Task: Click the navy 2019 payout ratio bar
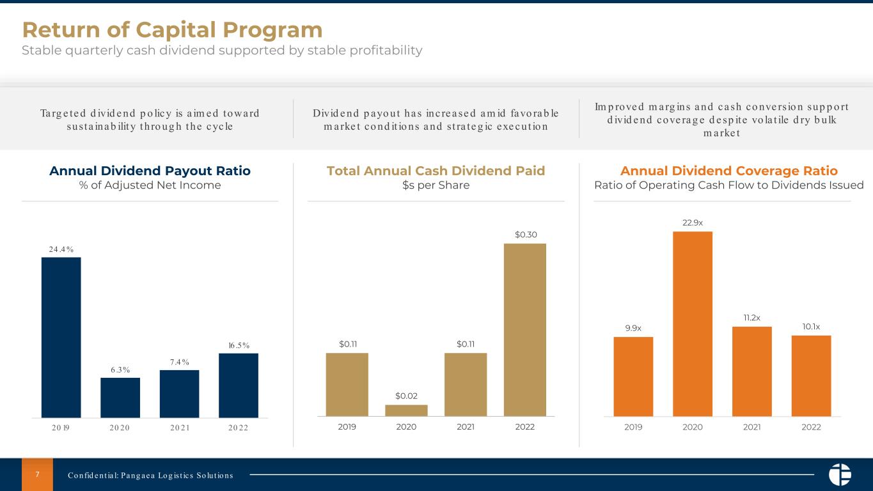[x=61, y=337]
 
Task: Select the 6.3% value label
[x=120, y=370]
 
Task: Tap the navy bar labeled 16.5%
[x=239, y=386]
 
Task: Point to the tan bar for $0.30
[x=524, y=329]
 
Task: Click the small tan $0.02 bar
[x=406, y=410]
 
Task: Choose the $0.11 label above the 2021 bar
[x=466, y=345]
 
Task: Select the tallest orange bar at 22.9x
[x=693, y=323]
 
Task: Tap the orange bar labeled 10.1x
[x=811, y=375]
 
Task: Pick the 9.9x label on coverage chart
[x=633, y=328]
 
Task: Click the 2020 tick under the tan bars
[x=406, y=427]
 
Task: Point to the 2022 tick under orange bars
[x=811, y=427]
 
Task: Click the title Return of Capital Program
[x=172, y=29]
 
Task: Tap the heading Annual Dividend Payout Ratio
[x=150, y=171]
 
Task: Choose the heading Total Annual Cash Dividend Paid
[x=436, y=171]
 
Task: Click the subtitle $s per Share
[x=436, y=185]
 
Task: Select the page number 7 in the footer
[x=37, y=474]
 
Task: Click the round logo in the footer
[x=840, y=474]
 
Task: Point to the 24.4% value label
[x=61, y=249]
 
